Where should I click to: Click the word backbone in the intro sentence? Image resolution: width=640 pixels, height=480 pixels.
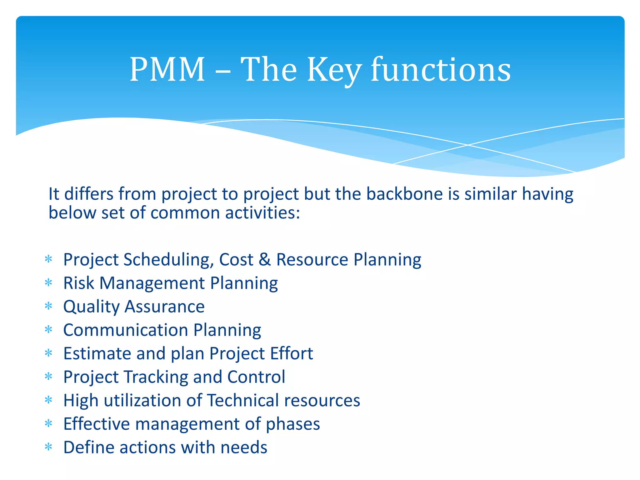(x=404, y=194)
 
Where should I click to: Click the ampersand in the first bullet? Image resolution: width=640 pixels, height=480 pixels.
(x=265, y=260)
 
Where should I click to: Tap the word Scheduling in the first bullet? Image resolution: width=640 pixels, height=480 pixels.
(x=169, y=260)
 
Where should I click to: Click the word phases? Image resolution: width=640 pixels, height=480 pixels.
(x=293, y=424)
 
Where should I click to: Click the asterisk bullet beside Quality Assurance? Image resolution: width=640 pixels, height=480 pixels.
(x=48, y=306)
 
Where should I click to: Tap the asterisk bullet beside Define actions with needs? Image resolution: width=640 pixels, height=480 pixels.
(x=48, y=447)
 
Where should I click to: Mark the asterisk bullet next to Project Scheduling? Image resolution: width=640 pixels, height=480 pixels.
(x=48, y=259)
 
